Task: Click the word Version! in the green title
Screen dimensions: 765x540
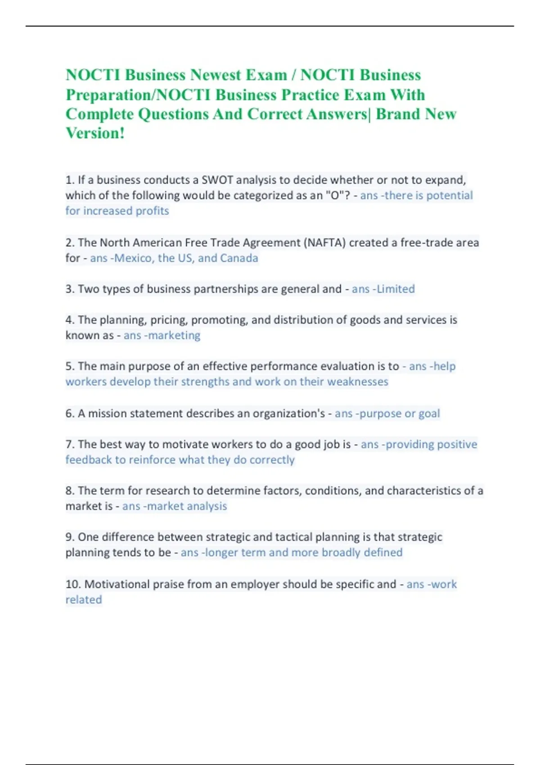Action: tap(95, 133)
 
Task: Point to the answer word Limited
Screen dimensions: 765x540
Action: tap(396, 289)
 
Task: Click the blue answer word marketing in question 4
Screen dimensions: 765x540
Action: tap(174, 336)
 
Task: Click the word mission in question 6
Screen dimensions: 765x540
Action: tap(107, 414)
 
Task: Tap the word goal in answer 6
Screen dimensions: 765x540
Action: tap(429, 414)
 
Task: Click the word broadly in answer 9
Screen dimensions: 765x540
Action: tap(341, 553)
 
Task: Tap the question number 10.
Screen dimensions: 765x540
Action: tap(73, 584)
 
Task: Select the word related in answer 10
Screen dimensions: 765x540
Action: tap(84, 600)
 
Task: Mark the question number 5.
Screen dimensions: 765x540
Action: tap(70, 366)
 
